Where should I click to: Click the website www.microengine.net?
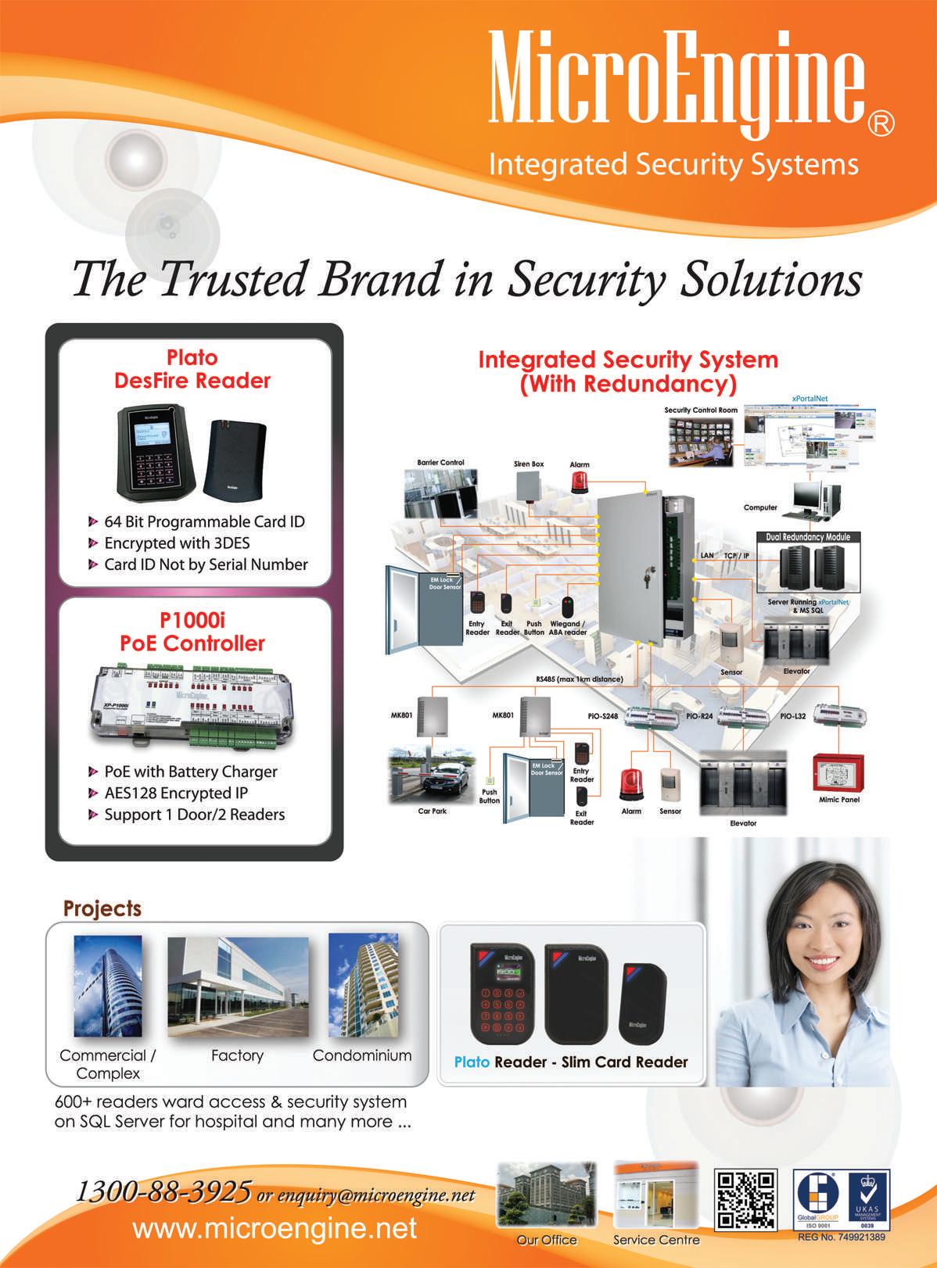pyautogui.click(x=275, y=1228)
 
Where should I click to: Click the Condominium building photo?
pyautogui.click(x=363, y=987)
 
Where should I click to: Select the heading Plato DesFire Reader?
pyautogui.click(x=192, y=369)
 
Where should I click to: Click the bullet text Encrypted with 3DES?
pyautogui.click(x=177, y=543)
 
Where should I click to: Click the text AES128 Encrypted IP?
pyautogui.click(x=176, y=793)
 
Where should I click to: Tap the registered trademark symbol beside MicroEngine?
pyautogui.click(x=881, y=124)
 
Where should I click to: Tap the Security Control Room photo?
pyautogui.click(x=701, y=441)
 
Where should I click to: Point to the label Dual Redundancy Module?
pyautogui.click(x=807, y=537)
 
